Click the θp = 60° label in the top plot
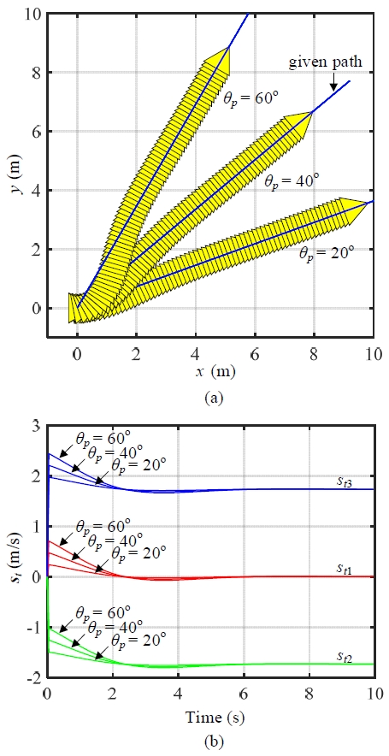click(x=250, y=97)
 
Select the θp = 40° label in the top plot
click(x=291, y=181)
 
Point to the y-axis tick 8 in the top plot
click(x=34, y=74)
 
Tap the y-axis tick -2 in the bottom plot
click(x=32, y=678)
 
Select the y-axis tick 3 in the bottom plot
click(x=34, y=426)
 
